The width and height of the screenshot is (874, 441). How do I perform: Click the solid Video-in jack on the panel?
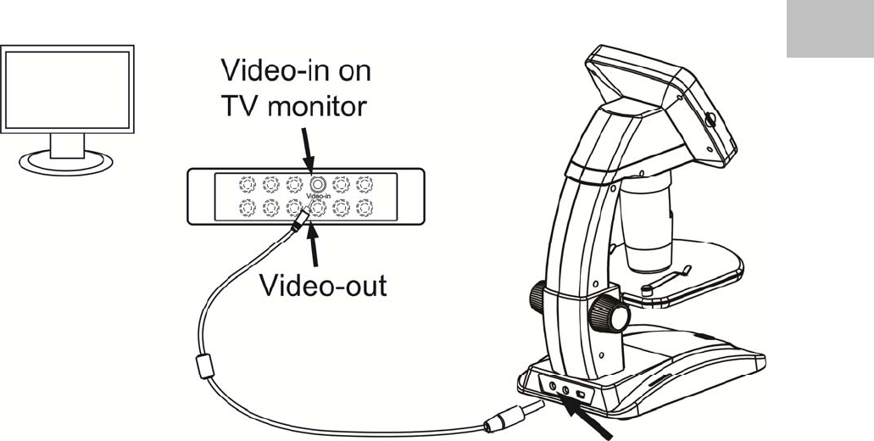pos(317,182)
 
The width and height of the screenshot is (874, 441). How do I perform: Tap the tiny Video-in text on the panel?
pos(318,195)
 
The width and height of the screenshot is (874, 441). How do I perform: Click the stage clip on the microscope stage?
pos(665,279)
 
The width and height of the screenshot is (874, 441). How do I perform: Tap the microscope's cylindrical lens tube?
pos(648,220)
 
